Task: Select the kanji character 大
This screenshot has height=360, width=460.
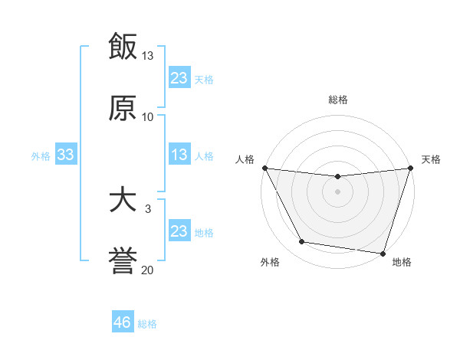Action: point(123,200)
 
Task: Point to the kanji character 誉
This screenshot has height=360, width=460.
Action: point(123,260)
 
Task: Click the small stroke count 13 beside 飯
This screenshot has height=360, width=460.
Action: point(148,56)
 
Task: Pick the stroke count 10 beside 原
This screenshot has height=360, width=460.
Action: point(148,116)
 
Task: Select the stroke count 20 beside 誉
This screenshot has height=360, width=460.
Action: point(148,270)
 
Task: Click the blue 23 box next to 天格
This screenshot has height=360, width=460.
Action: point(179,78)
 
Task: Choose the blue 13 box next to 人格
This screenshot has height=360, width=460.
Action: point(179,155)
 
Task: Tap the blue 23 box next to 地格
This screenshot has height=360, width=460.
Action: point(179,231)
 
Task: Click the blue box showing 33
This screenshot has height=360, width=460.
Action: point(66,155)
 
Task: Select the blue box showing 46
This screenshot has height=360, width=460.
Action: point(123,322)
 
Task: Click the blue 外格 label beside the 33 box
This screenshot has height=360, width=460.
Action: point(41,155)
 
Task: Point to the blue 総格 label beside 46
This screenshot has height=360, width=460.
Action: point(147,324)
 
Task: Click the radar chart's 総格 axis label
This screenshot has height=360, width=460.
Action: point(338,100)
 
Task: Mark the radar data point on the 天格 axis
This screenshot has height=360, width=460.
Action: point(411,168)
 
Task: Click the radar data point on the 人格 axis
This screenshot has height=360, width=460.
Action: point(264,168)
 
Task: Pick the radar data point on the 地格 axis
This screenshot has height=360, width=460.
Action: point(383,253)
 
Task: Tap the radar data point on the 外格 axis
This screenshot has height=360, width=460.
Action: point(302,242)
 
